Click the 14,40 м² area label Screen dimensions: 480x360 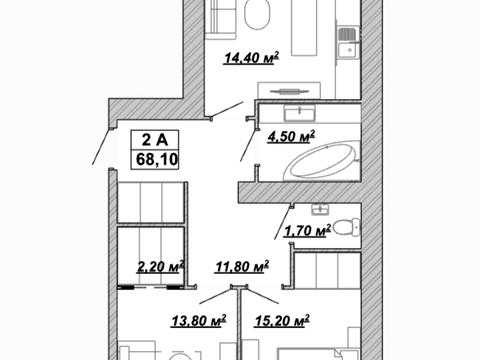coord(251,58)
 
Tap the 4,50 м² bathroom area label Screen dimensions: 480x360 coord(291,137)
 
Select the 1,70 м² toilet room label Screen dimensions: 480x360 coord(307,231)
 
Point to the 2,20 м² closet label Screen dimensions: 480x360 coord(160,267)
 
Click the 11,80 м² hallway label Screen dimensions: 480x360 coord(242,267)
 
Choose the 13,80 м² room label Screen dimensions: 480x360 coord(199,321)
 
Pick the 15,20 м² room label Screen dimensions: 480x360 coord(282,321)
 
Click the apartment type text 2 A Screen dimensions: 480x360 coord(155,140)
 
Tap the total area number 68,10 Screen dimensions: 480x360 coord(157,160)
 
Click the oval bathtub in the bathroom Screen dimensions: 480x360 coord(321,163)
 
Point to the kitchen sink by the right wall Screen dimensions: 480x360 coord(349,44)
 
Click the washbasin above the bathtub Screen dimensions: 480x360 coord(300,113)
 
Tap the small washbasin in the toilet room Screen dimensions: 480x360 coord(321,210)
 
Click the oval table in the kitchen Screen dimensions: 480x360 coord(257,14)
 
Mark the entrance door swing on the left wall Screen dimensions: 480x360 coord(101,146)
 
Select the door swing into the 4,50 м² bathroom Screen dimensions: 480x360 coord(249,145)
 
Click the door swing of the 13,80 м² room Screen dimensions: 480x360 coord(216,296)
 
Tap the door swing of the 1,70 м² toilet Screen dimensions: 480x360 coord(283,223)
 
